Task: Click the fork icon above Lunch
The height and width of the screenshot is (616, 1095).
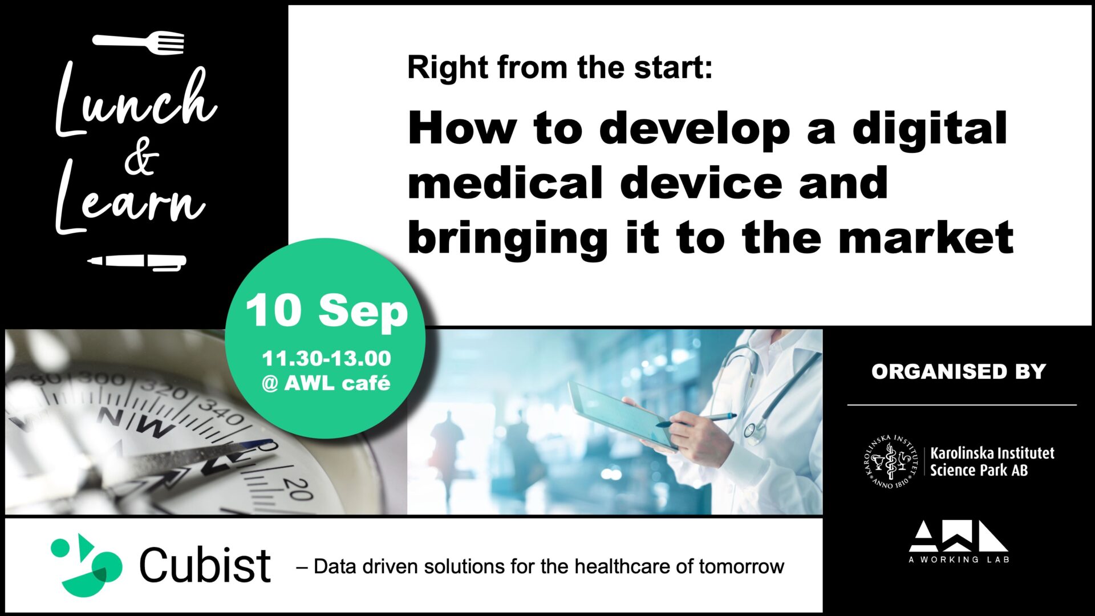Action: [x=139, y=42]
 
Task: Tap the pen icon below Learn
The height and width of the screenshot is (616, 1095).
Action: [x=137, y=262]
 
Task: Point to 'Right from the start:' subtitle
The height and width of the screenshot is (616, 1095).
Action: [x=560, y=68]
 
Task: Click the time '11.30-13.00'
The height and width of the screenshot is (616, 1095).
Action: [x=326, y=358]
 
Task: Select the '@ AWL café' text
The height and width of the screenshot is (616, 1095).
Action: [x=326, y=383]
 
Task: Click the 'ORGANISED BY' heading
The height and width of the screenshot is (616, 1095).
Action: [x=959, y=371]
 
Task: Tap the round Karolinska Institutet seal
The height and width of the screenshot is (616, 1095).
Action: [x=890, y=461]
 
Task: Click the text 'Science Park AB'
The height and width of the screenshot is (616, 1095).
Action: [x=979, y=470]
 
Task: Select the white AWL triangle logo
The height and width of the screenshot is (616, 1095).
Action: [x=958, y=536]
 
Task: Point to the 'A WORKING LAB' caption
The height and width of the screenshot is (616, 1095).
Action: [x=959, y=560]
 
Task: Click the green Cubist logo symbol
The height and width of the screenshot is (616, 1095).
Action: [x=87, y=565]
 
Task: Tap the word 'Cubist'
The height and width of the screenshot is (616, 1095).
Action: [x=205, y=565]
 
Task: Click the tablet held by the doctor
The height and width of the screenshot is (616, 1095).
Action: [x=623, y=415]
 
